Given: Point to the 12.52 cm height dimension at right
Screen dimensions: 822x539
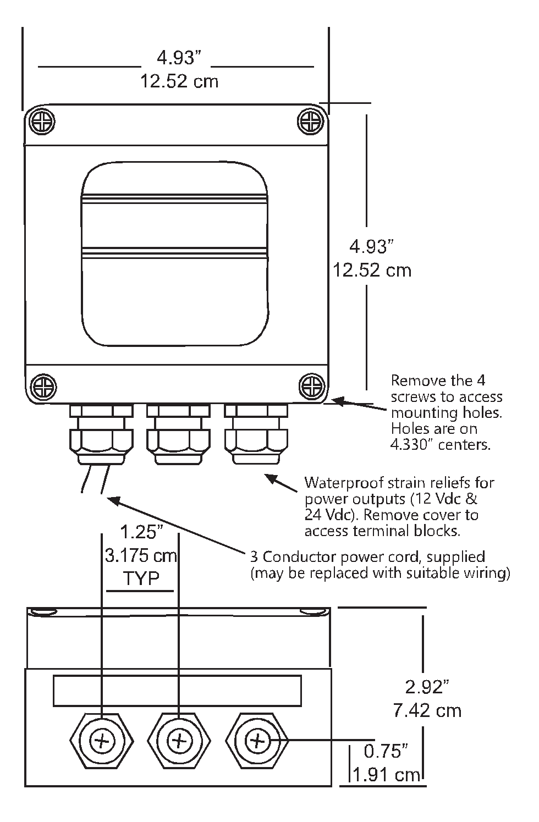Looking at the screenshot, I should pyautogui.click(x=372, y=271).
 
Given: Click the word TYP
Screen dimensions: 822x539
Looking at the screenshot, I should pyautogui.click(x=141, y=579).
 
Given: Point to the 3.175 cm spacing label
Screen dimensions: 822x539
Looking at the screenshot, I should pyautogui.click(x=141, y=555).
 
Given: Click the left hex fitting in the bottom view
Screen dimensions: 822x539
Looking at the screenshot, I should pyautogui.click(x=101, y=742).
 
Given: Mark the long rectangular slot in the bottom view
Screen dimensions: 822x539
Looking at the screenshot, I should pyautogui.click(x=177, y=691).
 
